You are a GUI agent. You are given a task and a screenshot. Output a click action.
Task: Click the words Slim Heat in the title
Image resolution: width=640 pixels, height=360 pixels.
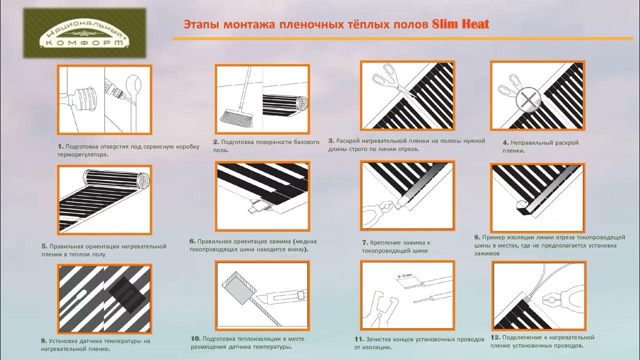(x=460, y=24)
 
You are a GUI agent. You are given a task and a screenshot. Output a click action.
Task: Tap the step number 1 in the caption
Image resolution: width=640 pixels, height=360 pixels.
(x=60, y=146)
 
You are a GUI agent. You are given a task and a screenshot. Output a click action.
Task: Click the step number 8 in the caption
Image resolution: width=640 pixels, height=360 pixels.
(x=477, y=237)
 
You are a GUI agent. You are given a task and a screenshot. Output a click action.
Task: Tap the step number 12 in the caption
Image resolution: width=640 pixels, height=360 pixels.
(x=496, y=337)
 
